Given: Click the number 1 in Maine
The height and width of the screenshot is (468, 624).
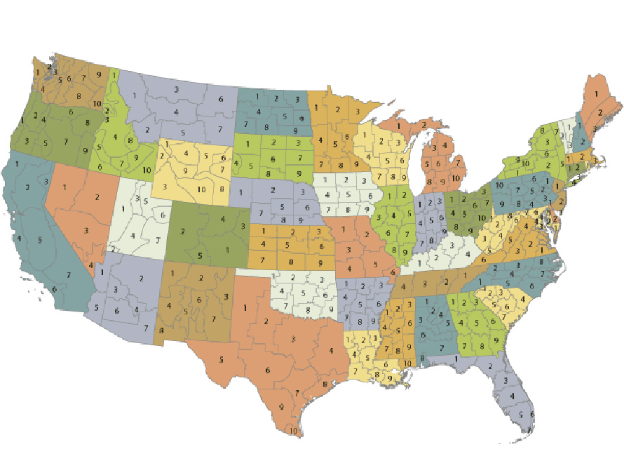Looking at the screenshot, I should pos(596,93).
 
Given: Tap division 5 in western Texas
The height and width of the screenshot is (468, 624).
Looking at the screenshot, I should pos(221,360).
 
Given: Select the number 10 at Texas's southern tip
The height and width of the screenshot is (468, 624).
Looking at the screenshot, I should pos(293,430).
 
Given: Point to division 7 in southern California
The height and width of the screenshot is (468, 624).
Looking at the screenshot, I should pos(69,274).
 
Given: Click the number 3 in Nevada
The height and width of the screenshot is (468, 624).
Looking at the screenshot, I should pos(86,229).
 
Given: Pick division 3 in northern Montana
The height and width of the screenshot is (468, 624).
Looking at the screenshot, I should pos(176,90).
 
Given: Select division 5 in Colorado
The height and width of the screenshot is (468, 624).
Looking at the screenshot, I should pos(200,255).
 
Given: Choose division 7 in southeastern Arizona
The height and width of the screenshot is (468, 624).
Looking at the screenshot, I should pos(145,328).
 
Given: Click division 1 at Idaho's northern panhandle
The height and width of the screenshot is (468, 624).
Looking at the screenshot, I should pos(113,72).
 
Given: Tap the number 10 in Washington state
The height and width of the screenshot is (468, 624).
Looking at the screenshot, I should pos(97,104).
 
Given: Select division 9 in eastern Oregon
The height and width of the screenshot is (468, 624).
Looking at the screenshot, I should pos(85,149).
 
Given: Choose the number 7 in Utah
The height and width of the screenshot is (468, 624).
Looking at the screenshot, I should pos(158,241).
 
